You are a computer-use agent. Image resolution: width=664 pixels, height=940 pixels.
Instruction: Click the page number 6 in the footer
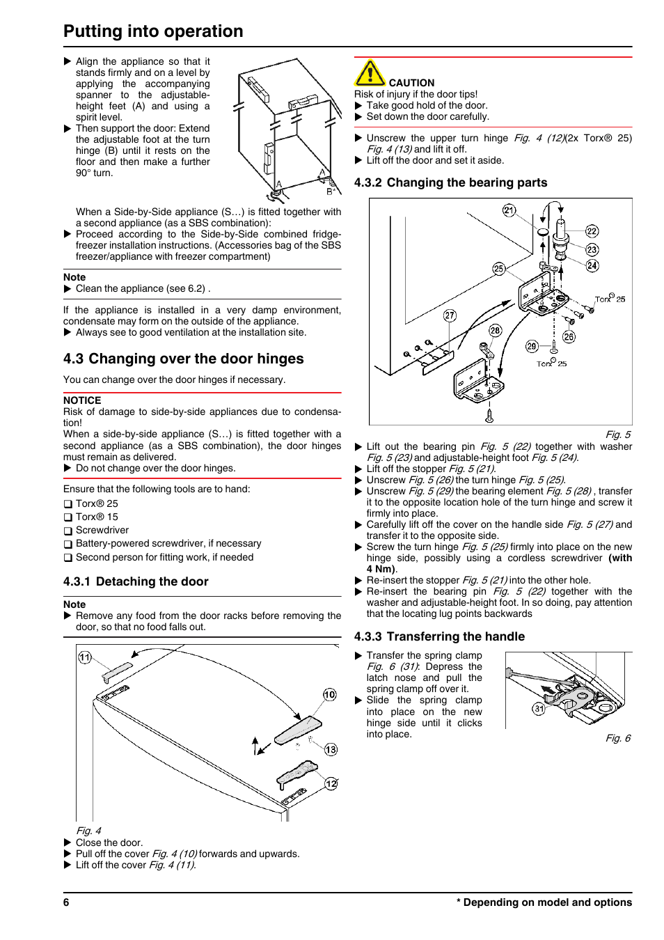[66, 902]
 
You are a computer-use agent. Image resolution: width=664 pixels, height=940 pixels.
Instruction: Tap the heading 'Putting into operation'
[153, 31]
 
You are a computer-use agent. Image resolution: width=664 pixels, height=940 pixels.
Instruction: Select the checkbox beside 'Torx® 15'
[68, 517]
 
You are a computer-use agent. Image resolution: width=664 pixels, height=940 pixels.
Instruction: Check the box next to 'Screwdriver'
[68, 531]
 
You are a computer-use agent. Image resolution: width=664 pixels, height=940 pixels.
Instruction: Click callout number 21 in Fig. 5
[509, 210]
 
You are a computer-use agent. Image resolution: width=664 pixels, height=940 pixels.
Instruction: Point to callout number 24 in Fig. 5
[592, 265]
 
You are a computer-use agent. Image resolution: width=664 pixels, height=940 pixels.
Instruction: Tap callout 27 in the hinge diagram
[450, 315]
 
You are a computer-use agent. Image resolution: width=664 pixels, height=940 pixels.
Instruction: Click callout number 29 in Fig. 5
[532, 346]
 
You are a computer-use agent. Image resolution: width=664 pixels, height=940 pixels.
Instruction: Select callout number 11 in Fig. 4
[85, 657]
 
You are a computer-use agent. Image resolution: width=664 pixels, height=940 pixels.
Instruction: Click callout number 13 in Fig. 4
[331, 749]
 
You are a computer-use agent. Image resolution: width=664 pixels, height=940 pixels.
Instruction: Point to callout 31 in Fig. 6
[539, 709]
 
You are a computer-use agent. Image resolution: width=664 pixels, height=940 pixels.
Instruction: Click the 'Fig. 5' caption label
[618, 434]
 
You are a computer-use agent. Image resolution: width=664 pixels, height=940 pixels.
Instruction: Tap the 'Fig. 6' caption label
[618, 738]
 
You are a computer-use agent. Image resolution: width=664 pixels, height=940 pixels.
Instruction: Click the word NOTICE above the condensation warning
[82, 400]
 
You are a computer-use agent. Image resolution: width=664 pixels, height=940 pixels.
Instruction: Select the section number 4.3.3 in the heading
[368, 636]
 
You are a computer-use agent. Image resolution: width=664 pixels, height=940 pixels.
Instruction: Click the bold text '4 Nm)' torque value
[381, 569]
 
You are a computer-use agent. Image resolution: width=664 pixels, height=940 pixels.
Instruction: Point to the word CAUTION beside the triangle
[411, 83]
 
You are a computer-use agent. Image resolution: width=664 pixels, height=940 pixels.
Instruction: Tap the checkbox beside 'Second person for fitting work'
[68, 558]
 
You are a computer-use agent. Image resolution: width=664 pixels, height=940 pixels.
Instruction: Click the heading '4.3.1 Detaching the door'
[136, 581]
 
